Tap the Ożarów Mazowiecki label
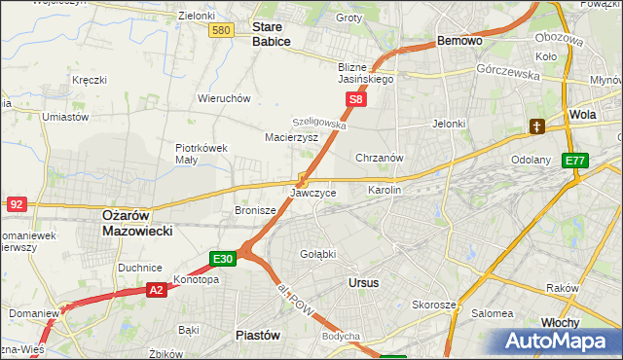pyautogui.click(x=137, y=223)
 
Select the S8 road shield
pyautogui.click(x=357, y=99)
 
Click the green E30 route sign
pyautogui.click(x=223, y=258)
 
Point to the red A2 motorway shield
pyautogui.click(x=158, y=289)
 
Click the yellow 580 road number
pyautogui.click(x=221, y=31)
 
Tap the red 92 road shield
pyautogui.click(x=16, y=204)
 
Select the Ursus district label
pyautogui.click(x=363, y=282)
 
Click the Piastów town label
pyautogui.click(x=258, y=335)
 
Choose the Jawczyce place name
pyautogui.click(x=313, y=193)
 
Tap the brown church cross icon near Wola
pyautogui.click(x=536, y=126)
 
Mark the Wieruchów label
pyautogui.click(x=225, y=98)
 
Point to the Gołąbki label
pyautogui.click(x=317, y=254)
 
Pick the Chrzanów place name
pyautogui.click(x=380, y=158)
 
